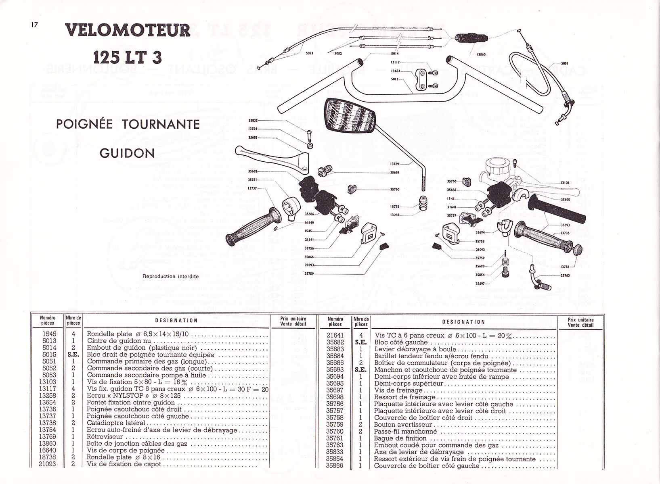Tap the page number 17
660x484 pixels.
coord(34,25)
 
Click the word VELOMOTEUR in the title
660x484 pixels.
coord(128,31)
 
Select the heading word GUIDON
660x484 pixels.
coord(127,153)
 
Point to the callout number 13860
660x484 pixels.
coord(481,54)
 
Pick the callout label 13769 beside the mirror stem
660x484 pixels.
coord(394,164)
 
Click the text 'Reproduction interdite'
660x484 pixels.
coord(170,276)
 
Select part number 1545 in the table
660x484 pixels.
coord(49,334)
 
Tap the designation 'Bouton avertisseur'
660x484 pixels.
coord(403,424)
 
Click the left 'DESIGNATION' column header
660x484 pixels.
coord(176,321)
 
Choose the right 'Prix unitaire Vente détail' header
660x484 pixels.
coord(580,321)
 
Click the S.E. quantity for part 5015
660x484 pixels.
coord(73,355)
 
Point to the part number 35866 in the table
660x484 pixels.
coord(335,466)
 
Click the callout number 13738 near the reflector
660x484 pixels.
coord(565,267)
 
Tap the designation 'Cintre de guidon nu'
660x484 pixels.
coord(113,341)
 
